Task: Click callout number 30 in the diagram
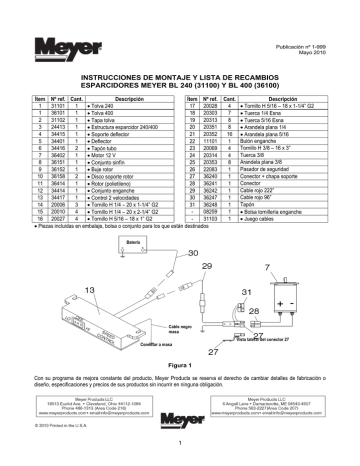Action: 191,255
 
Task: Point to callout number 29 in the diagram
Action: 207,268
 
